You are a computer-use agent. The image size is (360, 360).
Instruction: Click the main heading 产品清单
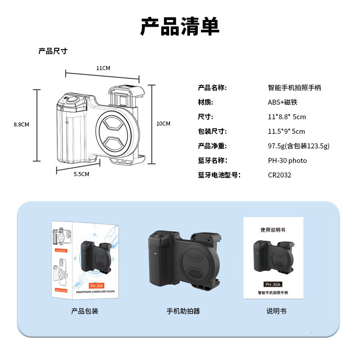pyautogui.click(x=180, y=27)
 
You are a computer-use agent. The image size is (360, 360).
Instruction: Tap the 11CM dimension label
pyautogui.click(x=103, y=68)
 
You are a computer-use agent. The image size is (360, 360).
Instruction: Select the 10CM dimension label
pyautogui.click(x=163, y=124)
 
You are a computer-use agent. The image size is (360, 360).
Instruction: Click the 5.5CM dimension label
pyautogui.click(x=82, y=174)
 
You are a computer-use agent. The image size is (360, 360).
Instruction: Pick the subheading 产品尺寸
pyautogui.click(x=53, y=51)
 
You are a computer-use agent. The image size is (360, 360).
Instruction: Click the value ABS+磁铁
pyautogui.click(x=282, y=102)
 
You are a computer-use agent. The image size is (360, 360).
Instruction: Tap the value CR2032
pyautogui.click(x=279, y=175)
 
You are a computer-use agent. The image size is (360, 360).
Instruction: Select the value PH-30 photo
pyautogui.click(x=287, y=161)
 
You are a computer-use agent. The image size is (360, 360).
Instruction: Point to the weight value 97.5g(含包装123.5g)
pyautogui.click(x=298, y=146)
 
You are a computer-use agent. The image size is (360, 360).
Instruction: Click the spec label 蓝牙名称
pyautogui.click(x=212, y=161)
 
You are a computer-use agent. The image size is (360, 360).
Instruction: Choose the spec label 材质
pyautogui.click(x=206, y=102)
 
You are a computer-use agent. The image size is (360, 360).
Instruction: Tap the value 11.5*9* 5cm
pyautogui.click(x=286, y=132)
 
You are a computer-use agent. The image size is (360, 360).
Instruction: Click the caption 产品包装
pyautogui.click(x=85, y=311)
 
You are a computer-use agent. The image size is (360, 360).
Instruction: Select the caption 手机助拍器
pyautogui.click(x=183, y=311)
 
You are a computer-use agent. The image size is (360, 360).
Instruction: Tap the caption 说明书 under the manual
pyautogui.click(x=277, y=311)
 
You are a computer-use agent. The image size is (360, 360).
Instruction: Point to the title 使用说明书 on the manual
pyautogui.click(x=273, y=230)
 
